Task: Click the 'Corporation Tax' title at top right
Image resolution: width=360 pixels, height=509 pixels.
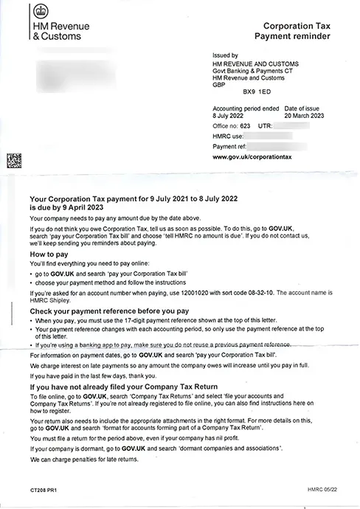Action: point(295,25)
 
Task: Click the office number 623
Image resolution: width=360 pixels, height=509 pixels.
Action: point(243,127)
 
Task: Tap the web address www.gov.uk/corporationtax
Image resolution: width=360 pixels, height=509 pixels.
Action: point(252,158)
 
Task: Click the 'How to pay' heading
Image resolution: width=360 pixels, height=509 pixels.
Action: point(49,253)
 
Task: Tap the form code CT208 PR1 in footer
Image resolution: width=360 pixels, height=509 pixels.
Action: point(45,488)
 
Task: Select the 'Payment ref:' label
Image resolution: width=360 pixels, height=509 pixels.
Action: point(229,148)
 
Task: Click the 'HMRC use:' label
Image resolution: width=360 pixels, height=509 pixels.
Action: point(226,137)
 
